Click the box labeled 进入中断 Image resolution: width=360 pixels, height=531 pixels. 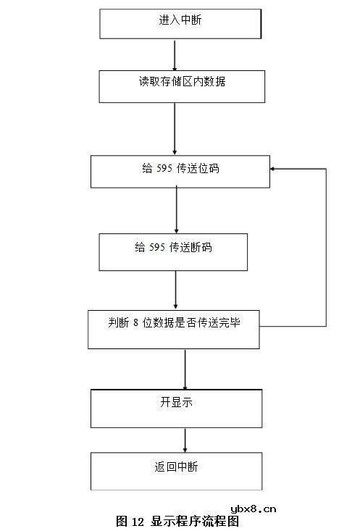point(180,24)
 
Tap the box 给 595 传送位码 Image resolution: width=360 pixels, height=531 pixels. point(180,172)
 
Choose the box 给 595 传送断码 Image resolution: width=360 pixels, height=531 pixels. point(173,251)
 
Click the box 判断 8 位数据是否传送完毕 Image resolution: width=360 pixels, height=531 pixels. point(173,329)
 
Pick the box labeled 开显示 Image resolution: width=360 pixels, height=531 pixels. point(176,408)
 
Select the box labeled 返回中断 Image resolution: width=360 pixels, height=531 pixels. point(176,471)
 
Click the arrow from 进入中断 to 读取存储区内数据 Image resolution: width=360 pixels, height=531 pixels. point(175,54)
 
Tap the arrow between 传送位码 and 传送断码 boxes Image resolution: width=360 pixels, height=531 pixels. point(177,210)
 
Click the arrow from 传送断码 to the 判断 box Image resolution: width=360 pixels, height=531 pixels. point(176,290)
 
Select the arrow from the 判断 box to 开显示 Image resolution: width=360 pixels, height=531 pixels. point(185,369)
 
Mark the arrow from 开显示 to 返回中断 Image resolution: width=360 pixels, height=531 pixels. point(185,440)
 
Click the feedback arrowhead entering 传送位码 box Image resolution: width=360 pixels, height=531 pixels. point(274,169)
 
